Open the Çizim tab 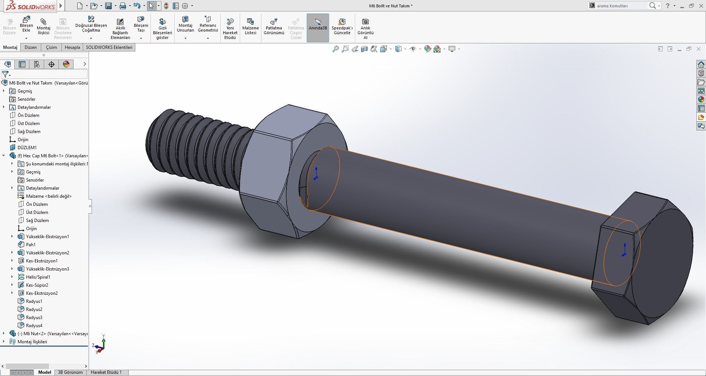pyautogui.click(x=51, y=47)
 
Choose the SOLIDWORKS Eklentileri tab pyautogui.click(x=109, y=47)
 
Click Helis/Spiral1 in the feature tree pyautogui.click(x=38, y=277)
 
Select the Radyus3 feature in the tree pyautogui.click(x=34, y=317)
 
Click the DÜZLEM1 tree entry pyautogui.click(x=27, y=147)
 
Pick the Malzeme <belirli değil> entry pyautogui.click(x=49, y=196)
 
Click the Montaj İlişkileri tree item pyautogui.click(x=32, y=341)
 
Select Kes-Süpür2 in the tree pyautogui.click(x=37, y=285)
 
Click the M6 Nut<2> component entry pyautogui.click(x=51, y=333)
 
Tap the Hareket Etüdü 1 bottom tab pyautogui.click(x=106, y=372)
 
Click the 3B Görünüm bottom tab pyautogui.click(x=70, y=372)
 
